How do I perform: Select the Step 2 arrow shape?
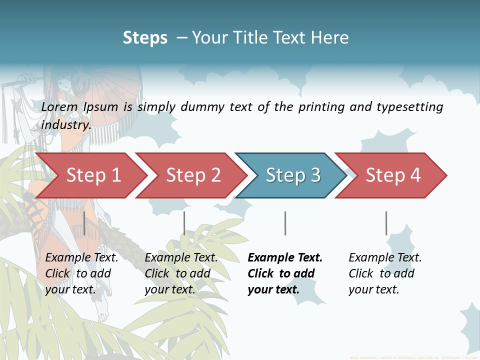pos(192,175)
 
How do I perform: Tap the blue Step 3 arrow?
pos(292,175)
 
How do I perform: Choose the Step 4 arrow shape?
pos(392,175)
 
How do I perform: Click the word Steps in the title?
pos(145,38)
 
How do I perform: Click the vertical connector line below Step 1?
pos(84,223)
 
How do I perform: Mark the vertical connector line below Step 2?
pos(184,223)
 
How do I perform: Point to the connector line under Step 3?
pos(285,223)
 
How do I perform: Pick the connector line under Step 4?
pos(386,223)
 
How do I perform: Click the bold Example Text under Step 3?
pos(285,258)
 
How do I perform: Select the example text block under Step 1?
pos(81,273)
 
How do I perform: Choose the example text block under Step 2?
pos(181,273)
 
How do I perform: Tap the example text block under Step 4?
pos(385,273)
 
